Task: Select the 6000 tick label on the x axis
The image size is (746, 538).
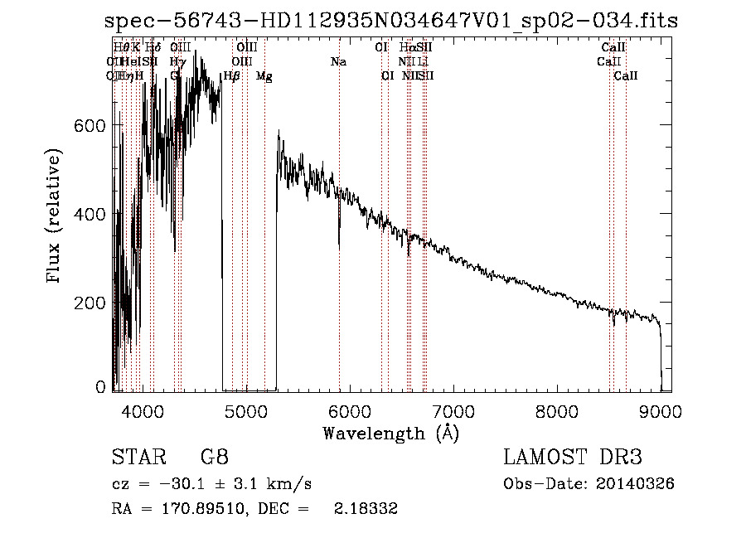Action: coord(349,410)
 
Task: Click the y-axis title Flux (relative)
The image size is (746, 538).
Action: coord(56,217)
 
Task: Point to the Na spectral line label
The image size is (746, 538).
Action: coord(338,62)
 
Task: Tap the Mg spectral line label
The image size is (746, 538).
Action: coord(264,76)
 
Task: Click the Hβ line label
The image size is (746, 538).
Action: coord(232,76)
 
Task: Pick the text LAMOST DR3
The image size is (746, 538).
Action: coord(573,457)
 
